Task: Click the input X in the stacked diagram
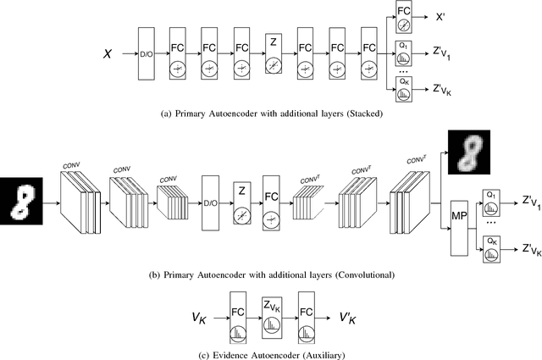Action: coord(108,53)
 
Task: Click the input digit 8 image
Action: coord(24,202)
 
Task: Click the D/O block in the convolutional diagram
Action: coord(212,202)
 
